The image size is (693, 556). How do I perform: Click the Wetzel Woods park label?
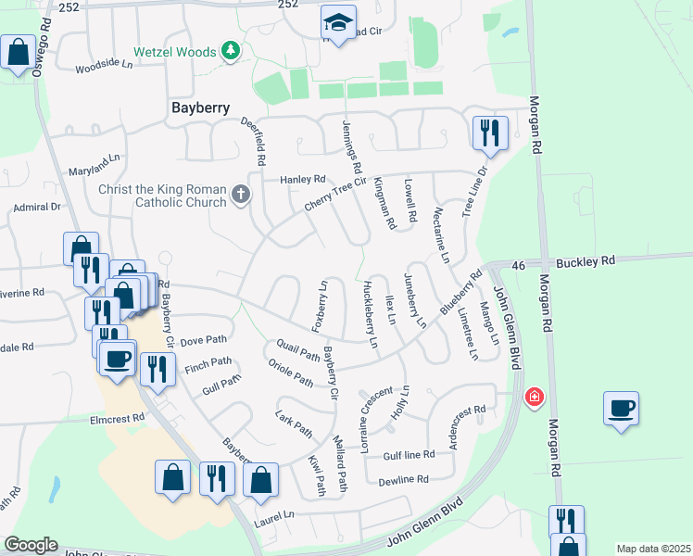pos(173,52)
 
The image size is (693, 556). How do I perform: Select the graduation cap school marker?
pos(338,23)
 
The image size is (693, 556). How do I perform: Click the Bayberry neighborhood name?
pos(200,107)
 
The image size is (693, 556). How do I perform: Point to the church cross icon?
pos(241,195)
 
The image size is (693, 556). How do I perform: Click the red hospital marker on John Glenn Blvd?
pos(534,398)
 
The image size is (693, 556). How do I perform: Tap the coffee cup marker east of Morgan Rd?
pos(621,407)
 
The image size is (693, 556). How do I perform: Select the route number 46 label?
pos(521,265)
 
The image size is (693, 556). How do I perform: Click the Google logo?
pos(31,545)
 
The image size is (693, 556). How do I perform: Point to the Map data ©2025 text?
pos(652,549)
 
